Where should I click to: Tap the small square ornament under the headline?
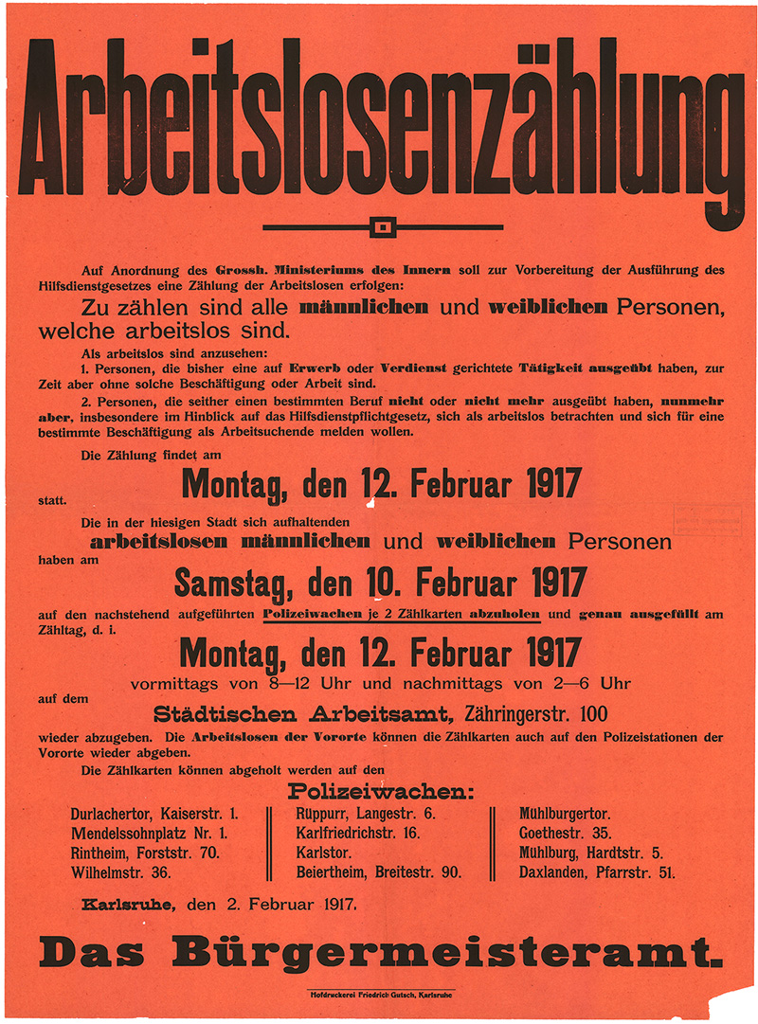tap(382, 227)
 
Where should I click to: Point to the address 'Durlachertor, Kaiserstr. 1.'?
tap(154, 814)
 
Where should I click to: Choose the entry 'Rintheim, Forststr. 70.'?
tap(146, 853)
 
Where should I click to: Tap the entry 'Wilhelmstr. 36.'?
tap(121, 872)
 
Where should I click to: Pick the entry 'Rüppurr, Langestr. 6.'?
tap(366, 814)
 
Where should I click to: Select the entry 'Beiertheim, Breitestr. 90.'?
tap(379, 872)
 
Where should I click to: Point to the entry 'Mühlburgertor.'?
tap(565, 814)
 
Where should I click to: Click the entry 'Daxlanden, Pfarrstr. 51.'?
tap(597, 872)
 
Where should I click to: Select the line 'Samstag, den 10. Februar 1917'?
tap(380, 582)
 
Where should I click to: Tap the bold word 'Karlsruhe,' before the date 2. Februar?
tap(128, 904)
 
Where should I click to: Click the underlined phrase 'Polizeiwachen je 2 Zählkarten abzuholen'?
tap(402, 615)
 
